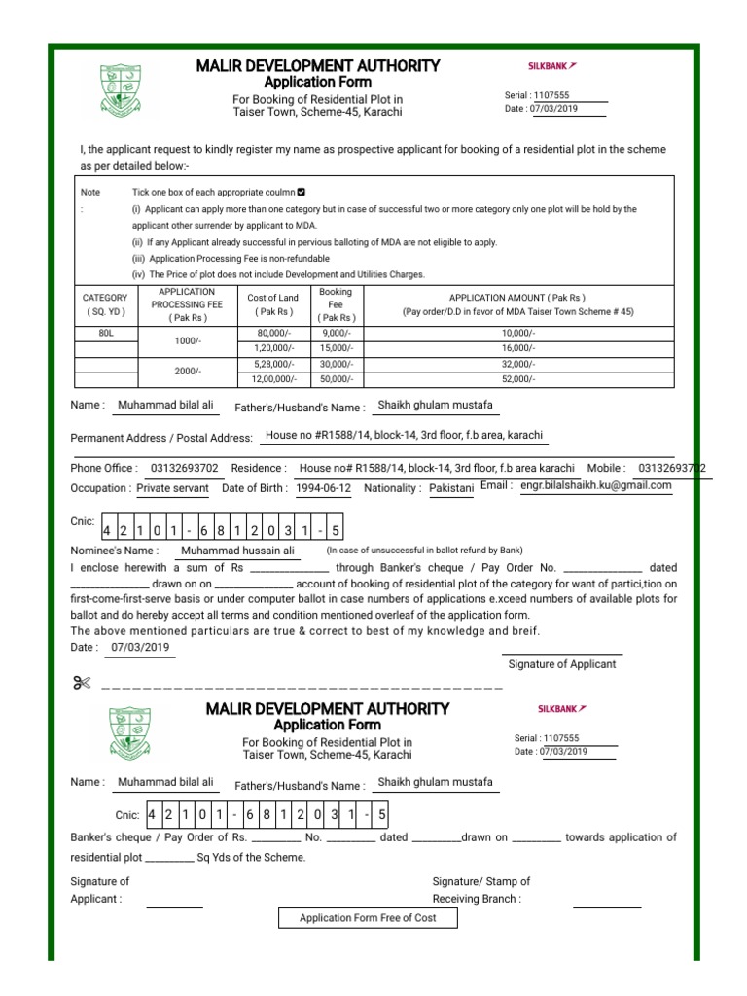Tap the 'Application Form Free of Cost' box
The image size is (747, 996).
368,918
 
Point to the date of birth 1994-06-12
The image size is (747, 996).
325,488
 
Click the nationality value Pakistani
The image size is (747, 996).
450,488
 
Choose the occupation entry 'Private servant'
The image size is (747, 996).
173,488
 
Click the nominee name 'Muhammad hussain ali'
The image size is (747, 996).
237,550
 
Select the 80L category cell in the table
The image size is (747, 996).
106,333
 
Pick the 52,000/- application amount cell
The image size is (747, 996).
518,379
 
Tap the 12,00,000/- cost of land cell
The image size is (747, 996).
273,379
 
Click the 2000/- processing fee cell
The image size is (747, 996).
188,372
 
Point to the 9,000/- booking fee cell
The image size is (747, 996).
336,333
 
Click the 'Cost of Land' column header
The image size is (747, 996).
273,304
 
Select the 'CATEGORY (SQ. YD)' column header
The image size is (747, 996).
106,304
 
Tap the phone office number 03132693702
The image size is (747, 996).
185,468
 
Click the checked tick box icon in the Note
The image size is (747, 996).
302,192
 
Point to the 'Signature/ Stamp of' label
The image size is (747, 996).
480,881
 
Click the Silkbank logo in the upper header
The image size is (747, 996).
551,66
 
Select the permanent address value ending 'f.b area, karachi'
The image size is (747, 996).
404,436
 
